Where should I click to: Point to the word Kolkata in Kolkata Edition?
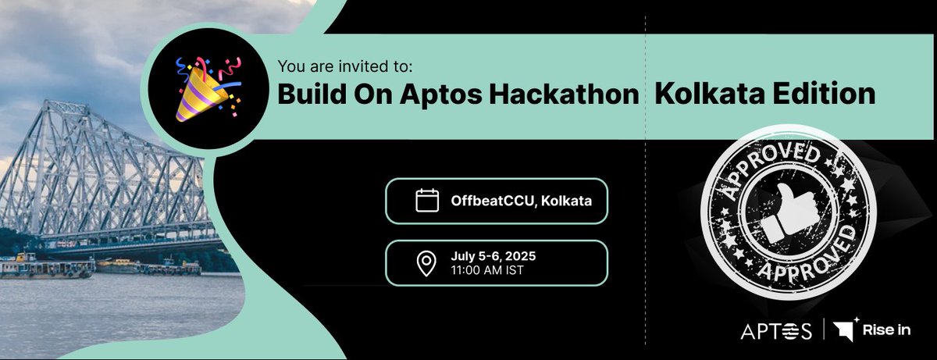(x=698, y=94)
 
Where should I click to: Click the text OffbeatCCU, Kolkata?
(x=521, y=201)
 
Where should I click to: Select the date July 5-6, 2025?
(x=493, y=256)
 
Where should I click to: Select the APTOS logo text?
(x=776, y=331)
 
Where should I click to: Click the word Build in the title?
(x=308, y=94)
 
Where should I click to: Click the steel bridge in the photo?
(x=94, y=180)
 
